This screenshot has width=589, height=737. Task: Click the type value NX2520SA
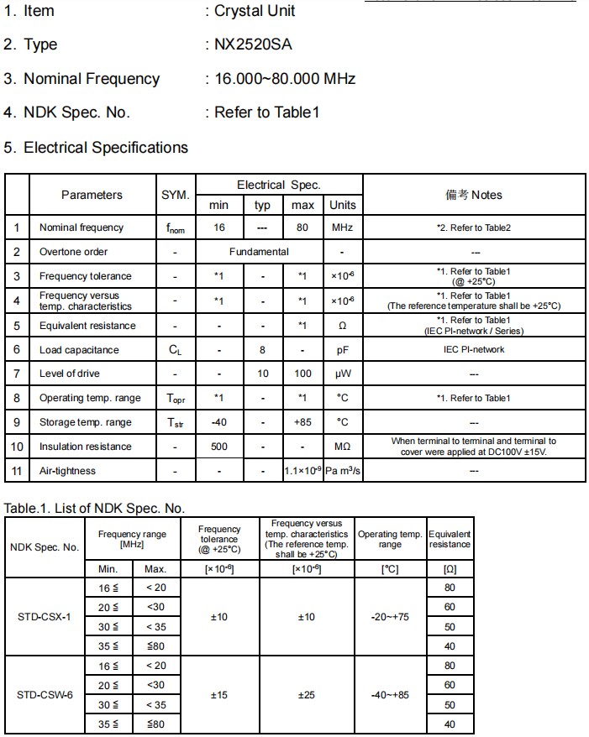tap(253, 44)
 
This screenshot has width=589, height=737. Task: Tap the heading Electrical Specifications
tap(106, 148)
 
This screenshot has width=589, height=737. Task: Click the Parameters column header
tap(92, 195)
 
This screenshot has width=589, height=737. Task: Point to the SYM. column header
tap(176, 195)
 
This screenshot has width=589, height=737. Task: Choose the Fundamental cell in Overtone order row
tap(259, 252)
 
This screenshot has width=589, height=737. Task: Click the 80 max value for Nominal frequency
tap(302, 227)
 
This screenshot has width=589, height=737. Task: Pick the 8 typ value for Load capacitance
tap(262, 350)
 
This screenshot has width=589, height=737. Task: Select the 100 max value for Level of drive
tap(302, 374)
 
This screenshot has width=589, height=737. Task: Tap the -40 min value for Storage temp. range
tap(218, 422)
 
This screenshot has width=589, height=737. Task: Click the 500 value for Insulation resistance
tap(218, 447)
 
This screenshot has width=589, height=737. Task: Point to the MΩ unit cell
tap(343, 447)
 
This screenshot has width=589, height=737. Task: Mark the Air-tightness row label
tap(67, 471)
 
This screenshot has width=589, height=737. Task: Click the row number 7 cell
tap(17, 374)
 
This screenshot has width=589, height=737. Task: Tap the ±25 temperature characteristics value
tap(307, 695)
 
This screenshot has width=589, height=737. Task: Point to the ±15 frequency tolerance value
tap(218, 695)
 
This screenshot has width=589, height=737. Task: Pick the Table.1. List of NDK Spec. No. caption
tap(94, 508)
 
